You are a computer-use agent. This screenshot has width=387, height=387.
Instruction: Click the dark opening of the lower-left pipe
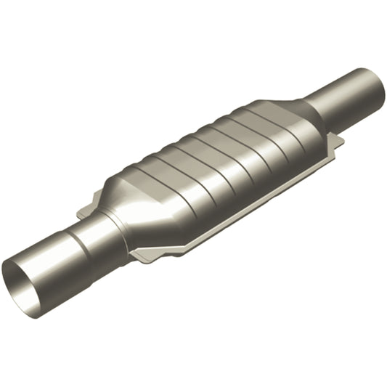click(x=23, y=280)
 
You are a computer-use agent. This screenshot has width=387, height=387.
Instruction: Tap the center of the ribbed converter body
click(x=218, y=160)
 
